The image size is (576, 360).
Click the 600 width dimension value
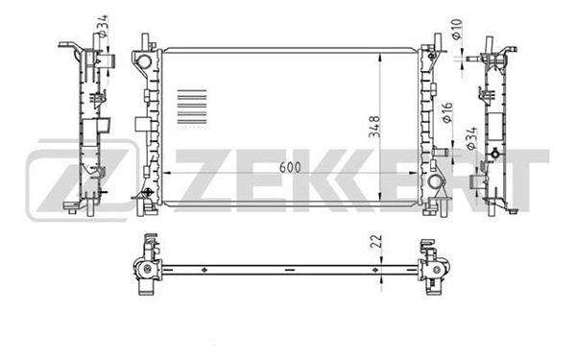click(290, 167)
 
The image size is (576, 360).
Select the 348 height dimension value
click(375, 127)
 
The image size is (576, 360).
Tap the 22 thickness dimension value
click(377, 241)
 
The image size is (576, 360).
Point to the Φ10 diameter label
click(457, 29)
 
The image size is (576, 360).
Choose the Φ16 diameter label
click(447, 112)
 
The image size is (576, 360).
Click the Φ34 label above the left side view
click(103, 26)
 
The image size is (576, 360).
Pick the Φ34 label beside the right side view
click(471, 138)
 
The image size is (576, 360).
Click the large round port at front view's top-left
click(144, 60)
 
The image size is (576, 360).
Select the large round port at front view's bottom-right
click(435, 181)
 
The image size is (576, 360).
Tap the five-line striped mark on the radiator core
click(192, 107)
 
